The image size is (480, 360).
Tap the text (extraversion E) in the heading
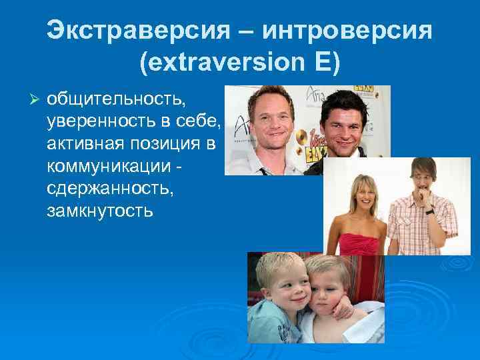coord(239,65)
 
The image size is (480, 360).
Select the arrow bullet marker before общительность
coord(37,99)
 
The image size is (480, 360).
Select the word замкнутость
coord(100,212)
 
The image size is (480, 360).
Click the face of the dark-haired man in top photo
coord(344,123)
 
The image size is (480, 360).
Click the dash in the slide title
coord(236,31)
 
